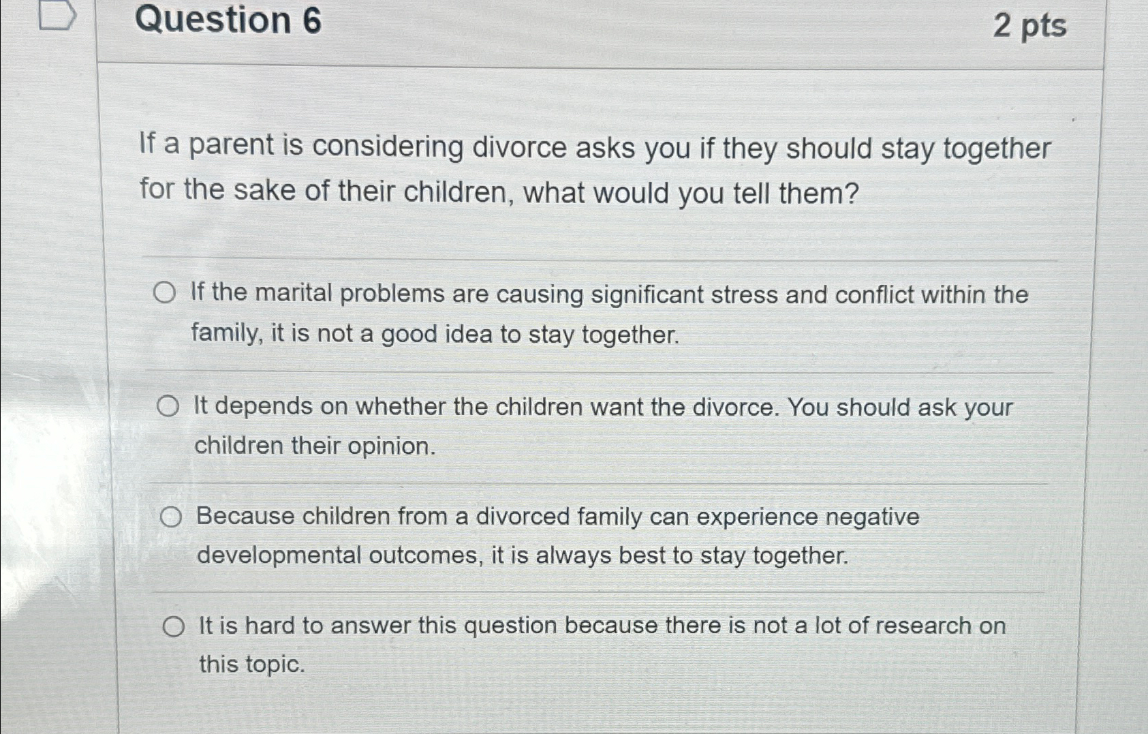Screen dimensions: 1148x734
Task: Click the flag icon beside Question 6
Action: coord(58,16)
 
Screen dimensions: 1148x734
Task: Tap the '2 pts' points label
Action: coord(1029,26)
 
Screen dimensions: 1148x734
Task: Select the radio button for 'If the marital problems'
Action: coord(165,293)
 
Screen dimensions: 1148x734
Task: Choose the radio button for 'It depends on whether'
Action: coord(168,406)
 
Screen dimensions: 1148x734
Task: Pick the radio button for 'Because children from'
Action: coord(170,517)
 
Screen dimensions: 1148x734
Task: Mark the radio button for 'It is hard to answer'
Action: coord(174,627)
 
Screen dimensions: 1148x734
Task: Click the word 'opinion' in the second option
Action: coord(391,446)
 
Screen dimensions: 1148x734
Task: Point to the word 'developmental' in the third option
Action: coord(279,555)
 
